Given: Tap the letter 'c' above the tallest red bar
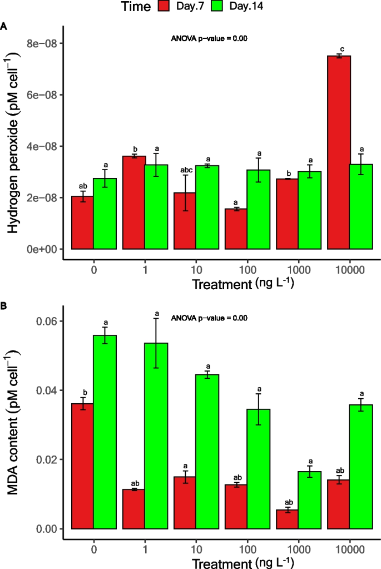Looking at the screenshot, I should [339, 50].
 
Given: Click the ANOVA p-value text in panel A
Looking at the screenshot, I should [209, 39].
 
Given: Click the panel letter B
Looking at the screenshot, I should [4, 305].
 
